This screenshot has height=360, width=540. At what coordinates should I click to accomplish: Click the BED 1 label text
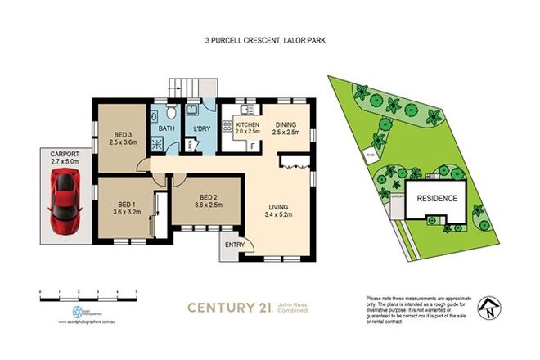pyautogui.click(x=126, y=205)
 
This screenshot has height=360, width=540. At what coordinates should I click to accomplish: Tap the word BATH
pyautogui.click(x=167, y=128)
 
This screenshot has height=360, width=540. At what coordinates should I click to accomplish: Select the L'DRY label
pyautogui.click(x=200, y=128)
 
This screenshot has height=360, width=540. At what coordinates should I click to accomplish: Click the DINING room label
pyautogui.click(x=285, y=125)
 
